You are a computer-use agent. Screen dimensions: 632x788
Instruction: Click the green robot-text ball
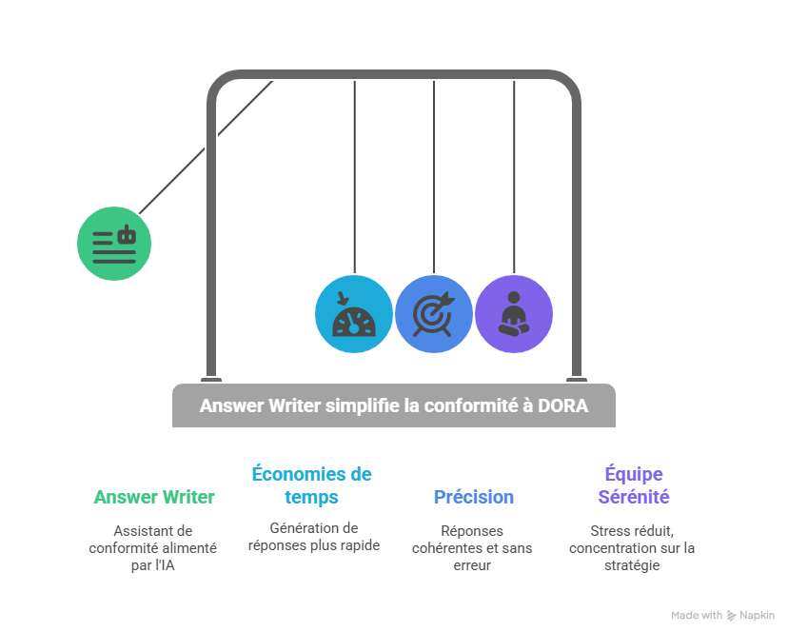pyautogui.click(x=114, y=243)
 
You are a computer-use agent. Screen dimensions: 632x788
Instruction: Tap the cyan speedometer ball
pyautogui.click(x=354, y=314)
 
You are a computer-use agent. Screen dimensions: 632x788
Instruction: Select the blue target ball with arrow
pyautogui.click(x=434, y=314)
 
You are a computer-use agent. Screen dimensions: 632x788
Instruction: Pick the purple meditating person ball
pyautogui.click(x=514, y=314)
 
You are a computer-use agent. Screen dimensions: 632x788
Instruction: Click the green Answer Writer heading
pyautogui.click(x=154, y=497)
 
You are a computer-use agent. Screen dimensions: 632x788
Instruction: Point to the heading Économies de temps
pyautogui.click(x=311, y=485)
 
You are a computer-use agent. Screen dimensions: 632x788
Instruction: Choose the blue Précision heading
pyautogui.click(x=473, y=497)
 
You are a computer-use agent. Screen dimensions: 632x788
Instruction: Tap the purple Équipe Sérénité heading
pyautogui.click(x=633, y=485)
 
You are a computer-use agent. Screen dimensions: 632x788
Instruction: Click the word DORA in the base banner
pyautogui.click(x=562, y=405)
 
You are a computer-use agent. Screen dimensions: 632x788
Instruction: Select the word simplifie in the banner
pyautogui.click(x=361, y=405)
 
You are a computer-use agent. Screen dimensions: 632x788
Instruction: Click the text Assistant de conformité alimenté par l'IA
pyautogui.click(x=152, y=548)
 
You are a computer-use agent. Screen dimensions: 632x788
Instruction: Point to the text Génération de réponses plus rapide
pyautogui.click(x=313, y=537)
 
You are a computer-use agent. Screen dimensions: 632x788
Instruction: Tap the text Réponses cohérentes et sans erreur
pyautogui.click(x=472, y=548)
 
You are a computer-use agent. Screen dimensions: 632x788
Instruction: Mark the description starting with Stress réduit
pyautogui.click(x=632, y=548)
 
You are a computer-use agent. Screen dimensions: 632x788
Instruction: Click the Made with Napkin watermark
pyautogui.click(x=722, y=616)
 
